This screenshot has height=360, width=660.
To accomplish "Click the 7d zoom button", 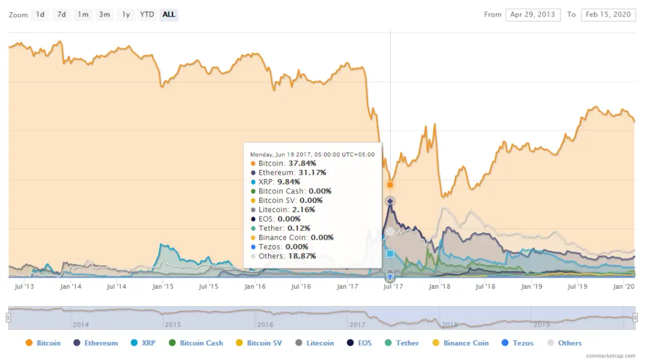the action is pyautogui.click(x=61, y=15).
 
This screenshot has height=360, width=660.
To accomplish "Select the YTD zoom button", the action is pyautogui.click(x=147, y=15).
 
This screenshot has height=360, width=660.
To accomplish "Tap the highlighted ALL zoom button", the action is pyautogui.click(x=169, y=15).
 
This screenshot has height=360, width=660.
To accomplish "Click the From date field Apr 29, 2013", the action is pyautogui.click(x=532, y=15).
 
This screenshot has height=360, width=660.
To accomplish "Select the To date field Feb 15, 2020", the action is pyautogui.click(x=608, y=15).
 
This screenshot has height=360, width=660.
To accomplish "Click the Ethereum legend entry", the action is pyautogui.click(x=96, y=343).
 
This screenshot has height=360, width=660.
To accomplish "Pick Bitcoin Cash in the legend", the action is pyautogui.click(x=196, y=343).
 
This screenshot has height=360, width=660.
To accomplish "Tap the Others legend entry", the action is pyautogui.click(x=564, y=343).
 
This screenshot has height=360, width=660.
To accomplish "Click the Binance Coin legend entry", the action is pyautogui.click(x=461, y=343).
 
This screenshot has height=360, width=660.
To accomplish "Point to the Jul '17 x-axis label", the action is pyautogui.click(x=393, y=287).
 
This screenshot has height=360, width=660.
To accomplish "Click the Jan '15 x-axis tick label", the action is pyautogui.click(x=163, y=287).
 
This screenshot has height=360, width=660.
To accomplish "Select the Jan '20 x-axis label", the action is pyautogui.click(x=624, y=287).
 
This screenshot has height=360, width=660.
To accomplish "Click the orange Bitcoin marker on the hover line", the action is pyautogui.click(x=390, y=185).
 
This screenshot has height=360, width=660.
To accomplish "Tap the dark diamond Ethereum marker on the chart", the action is pyautogui.click(x=390, y=201).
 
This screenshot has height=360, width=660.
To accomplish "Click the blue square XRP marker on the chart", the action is pyautogui.click(x=390, y=253).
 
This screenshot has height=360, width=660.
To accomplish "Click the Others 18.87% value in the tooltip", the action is pyautogui.click(x=302, y=256).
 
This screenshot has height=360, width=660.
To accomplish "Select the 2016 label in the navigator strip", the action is pyautogui.click(x=265, y=324).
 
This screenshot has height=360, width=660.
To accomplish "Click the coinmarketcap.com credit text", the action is pyautogui.click(x=610, y=356).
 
